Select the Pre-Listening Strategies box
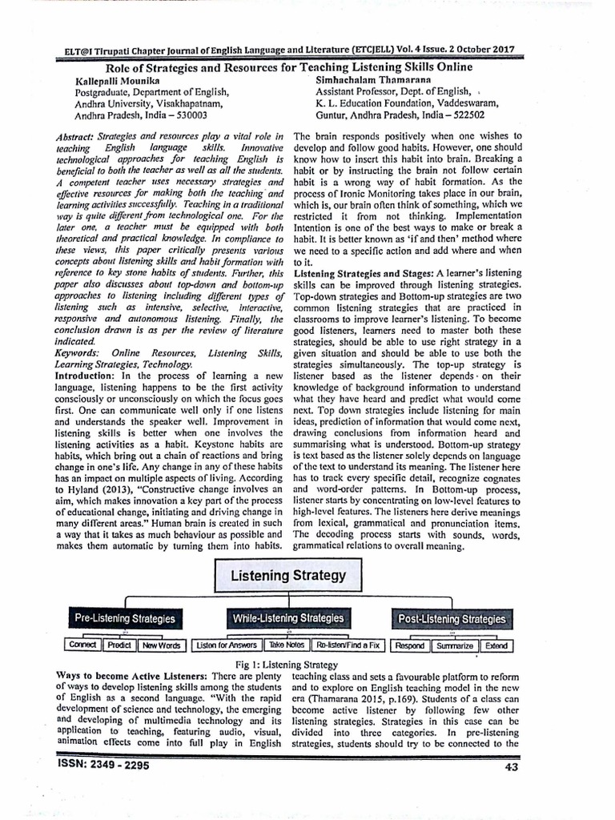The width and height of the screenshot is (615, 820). (124, 619)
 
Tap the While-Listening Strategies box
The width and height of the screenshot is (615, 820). (288, 619)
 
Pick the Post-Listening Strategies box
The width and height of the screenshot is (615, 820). (451, 619)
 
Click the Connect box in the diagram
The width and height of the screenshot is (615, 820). (82, 645)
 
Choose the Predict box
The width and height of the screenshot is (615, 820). (119, 645)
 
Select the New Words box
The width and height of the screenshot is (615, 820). (161, 645)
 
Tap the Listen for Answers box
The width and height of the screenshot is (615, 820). (227, 645)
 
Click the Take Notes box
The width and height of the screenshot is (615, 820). (286, 645)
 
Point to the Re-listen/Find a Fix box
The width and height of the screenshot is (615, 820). (348, 645)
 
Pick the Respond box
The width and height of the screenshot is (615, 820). (410, 645)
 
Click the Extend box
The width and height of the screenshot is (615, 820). (496, 645)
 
